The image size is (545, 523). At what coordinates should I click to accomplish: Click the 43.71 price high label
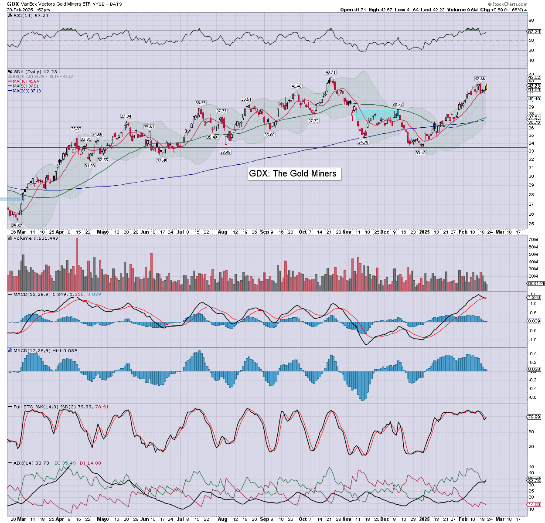[330, 72]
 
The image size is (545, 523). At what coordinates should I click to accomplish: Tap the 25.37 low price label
[17, 225]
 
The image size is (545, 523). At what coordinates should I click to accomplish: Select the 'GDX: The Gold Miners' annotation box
[293, 173]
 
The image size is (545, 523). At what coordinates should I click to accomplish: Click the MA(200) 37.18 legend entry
[27, 91]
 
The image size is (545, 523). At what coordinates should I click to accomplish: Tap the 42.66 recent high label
[480, 79]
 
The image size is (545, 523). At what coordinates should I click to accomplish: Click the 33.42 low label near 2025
[420, 153]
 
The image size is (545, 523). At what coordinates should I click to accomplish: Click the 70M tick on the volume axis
[533, 240]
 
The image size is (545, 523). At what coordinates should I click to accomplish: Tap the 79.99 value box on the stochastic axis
[534, 417]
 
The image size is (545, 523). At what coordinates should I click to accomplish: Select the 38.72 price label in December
[397, 105]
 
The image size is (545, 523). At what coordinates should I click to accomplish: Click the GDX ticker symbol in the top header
[13, 4]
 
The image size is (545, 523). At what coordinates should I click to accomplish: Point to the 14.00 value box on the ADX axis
[534, 505]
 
